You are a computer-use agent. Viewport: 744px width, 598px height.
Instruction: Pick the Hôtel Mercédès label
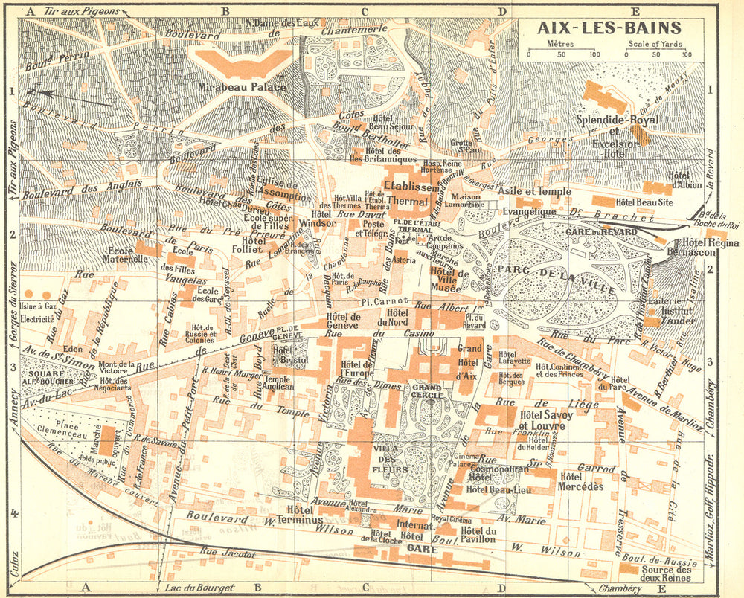pyautogui.click(x=581, y=482)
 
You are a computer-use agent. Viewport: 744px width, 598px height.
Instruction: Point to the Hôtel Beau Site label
pyautogui.click(x=644, y=202)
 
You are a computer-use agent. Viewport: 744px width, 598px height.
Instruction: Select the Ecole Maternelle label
pyautogui.click(x=127, y=255)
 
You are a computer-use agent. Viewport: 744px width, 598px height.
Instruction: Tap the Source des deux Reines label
pyautogui.click(x=664, y=573)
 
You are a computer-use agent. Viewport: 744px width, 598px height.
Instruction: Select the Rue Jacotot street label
pyautogui.click(x=228, y=553)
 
